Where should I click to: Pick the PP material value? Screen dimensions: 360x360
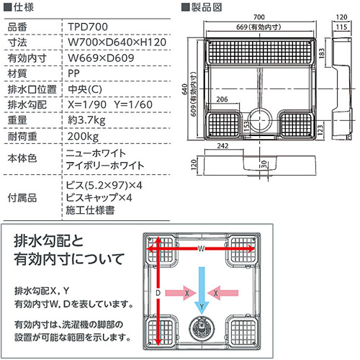click(73, 73)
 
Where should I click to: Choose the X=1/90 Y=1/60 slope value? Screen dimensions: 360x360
click(109, 104)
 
